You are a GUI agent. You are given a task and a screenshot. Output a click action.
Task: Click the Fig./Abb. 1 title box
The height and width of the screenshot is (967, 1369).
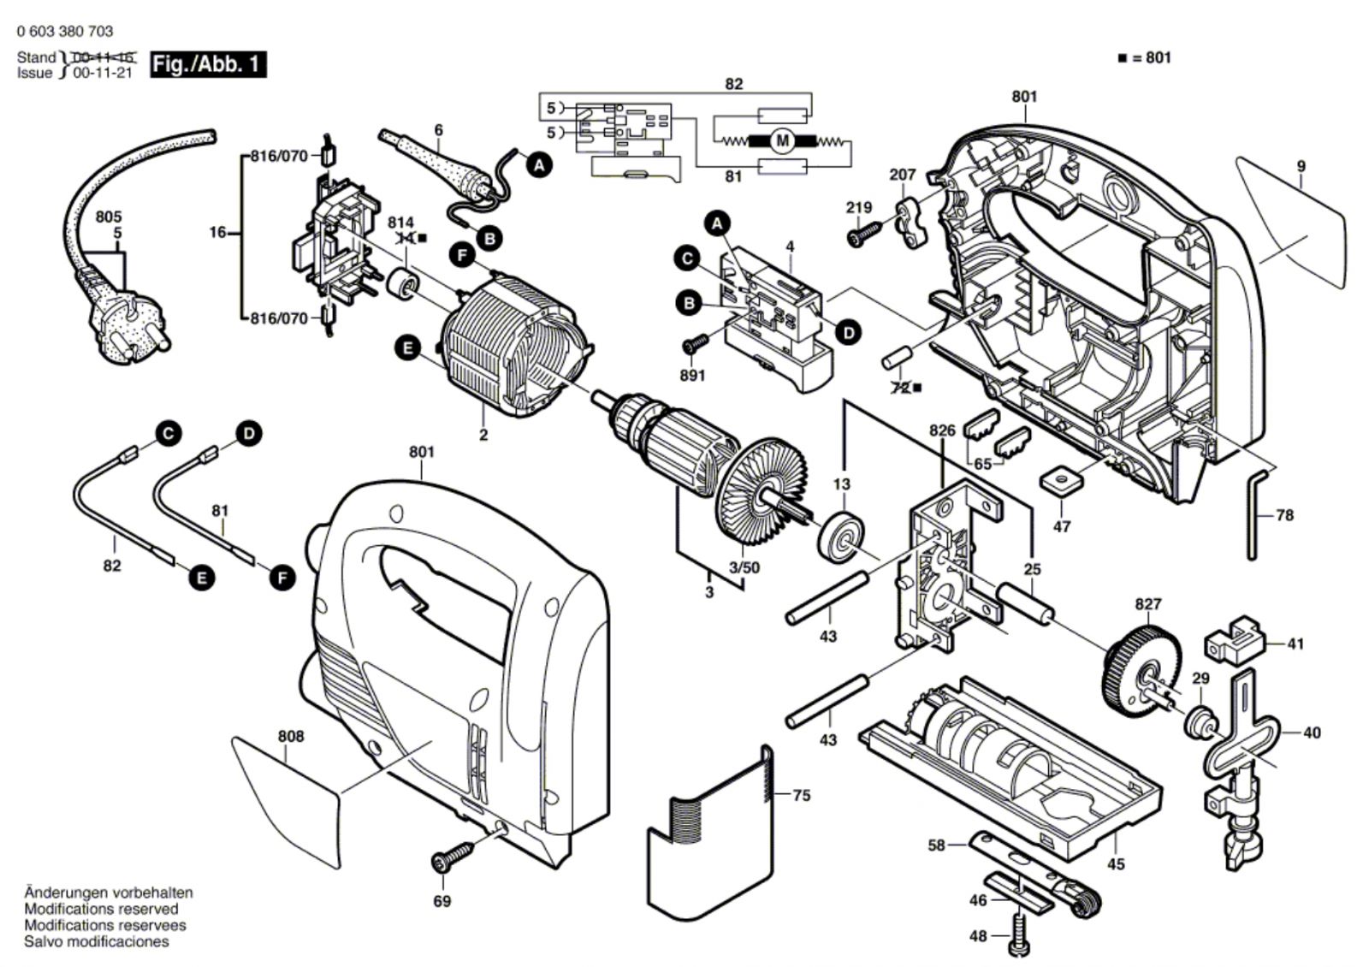pyautogui.click(x=208, y=64)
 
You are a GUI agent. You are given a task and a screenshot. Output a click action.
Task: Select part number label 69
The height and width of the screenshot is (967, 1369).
pyautogui.click(x=442, y=901)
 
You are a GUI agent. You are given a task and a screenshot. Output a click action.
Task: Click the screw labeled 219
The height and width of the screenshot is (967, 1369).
pyautogui.click(x=865, y=234)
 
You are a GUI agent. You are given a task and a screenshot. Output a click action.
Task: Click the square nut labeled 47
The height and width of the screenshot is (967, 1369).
pyautogui.click(x=1062, y=481)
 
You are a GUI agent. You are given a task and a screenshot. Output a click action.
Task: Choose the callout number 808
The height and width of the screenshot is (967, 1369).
pyautogui.click(x=290, y=736)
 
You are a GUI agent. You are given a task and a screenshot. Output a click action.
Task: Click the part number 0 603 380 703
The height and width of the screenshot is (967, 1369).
pyautogui.click(x=64, y=32)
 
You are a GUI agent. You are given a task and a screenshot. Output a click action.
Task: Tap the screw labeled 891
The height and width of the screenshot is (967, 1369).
pyautogui.click(x=696, y=344)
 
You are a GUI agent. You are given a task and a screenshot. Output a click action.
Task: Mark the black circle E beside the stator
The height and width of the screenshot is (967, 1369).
pyautogui.click(x=408, y=347)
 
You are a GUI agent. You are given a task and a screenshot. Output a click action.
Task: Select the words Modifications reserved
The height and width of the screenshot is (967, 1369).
pyautogui.click(x=101, y=909)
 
